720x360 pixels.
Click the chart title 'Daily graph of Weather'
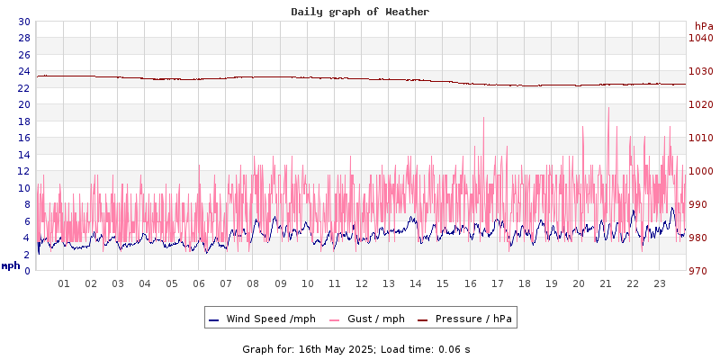point(360,12)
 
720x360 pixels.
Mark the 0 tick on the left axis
point(27,271)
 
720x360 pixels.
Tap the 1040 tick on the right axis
point(700,38)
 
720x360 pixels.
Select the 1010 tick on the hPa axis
point(700,138)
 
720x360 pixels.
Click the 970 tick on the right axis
point(700,271)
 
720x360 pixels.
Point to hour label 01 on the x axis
point(64,283)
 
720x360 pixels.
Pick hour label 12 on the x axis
point(362,283)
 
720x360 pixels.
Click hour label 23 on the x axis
point(660,283)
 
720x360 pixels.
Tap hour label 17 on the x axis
point(497,283)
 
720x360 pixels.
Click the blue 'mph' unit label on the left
point(11,265)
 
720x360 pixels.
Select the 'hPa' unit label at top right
point(704,26)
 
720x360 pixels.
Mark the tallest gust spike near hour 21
point(608,109)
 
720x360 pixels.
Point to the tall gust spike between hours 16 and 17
point(483,119)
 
